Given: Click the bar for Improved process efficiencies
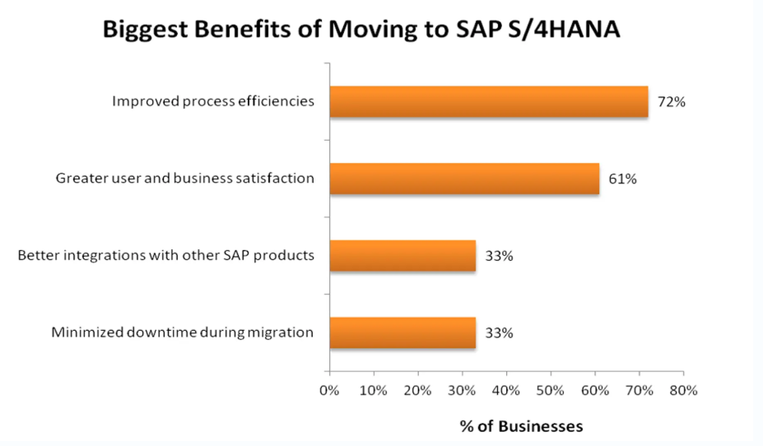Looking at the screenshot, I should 489,102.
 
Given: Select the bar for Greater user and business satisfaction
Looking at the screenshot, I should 464,179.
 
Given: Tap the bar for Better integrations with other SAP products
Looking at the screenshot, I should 402,256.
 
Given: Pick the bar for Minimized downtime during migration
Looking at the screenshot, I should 402,332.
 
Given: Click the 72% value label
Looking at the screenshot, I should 672,103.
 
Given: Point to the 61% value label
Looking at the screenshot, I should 622,179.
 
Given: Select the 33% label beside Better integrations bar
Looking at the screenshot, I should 499,256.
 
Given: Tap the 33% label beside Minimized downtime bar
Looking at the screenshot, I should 499,333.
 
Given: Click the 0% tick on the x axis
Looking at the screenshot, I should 329,390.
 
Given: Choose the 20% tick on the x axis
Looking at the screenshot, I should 417,390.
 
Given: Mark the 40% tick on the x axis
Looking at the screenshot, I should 506,390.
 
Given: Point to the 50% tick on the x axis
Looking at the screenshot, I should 551,390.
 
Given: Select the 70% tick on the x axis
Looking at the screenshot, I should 639,390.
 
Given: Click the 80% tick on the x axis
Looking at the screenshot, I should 683,390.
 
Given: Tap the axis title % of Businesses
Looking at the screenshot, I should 521,426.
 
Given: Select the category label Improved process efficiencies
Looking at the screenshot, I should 213,102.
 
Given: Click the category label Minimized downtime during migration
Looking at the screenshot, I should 183,332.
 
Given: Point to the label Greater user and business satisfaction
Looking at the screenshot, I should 185,178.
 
